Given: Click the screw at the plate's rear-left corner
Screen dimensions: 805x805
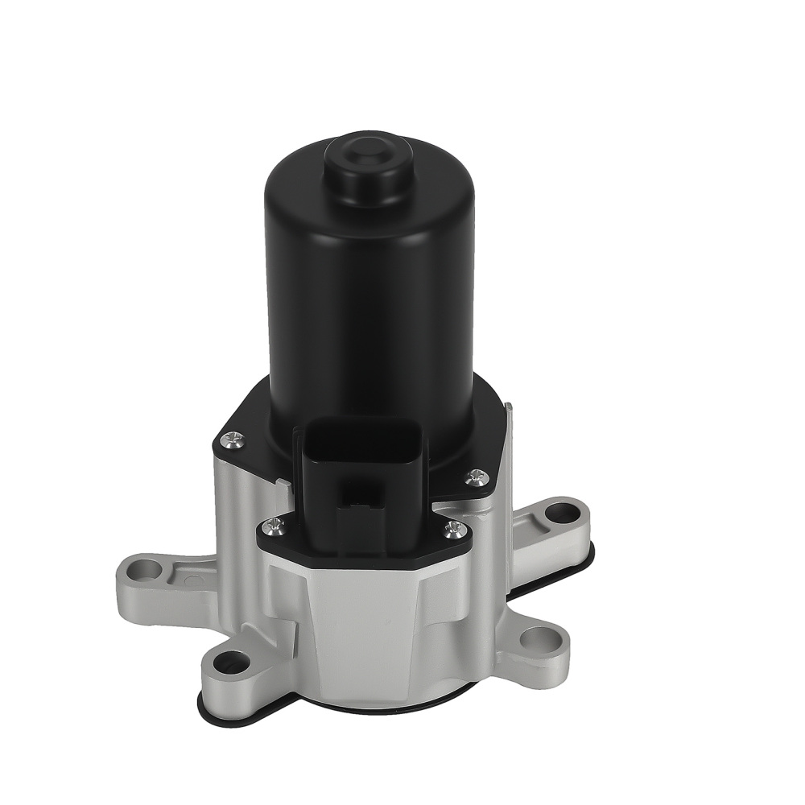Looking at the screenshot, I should tap(233, 439).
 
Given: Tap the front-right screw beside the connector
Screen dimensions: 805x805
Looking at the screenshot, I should tap(454, 528).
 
